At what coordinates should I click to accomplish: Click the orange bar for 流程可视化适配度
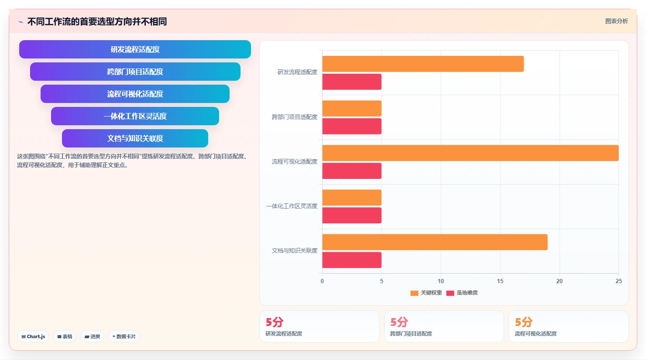click(x=471, y=153)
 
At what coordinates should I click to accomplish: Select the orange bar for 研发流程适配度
click(x=423, y=64)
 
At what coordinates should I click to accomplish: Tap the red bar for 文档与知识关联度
click(x=352, y=260)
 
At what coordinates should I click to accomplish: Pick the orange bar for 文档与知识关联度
click(x=435, y=242)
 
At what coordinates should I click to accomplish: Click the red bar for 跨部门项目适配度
click(x=352, y=126)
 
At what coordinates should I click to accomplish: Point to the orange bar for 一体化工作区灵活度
click(x=352, y=197)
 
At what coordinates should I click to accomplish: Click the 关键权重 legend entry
click(x=426, y=293)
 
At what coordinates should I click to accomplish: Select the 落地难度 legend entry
click(x=462, y=293)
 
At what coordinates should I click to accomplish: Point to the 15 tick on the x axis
click(x=500, y=281)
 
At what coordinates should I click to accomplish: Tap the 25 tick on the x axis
click(x=619, y=281)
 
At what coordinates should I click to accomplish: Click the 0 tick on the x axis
click(x=322, y=281)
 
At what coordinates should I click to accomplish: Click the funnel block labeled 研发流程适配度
click(x=135, y=49)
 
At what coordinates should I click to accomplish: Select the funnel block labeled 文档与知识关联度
click(x=135, y=138)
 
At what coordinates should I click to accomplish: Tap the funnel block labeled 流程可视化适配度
click(x=135, y=94)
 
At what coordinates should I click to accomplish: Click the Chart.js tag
click(x=33, y=336)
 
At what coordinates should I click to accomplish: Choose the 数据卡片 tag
click(x=124, y=336)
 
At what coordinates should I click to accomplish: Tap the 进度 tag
click(x=92, y=336)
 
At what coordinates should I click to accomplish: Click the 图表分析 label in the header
click(x=616, y=21)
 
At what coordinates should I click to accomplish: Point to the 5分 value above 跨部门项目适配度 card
click(x=399, y=322)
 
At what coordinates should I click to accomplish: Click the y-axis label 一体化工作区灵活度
click(x=292, y=206)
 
